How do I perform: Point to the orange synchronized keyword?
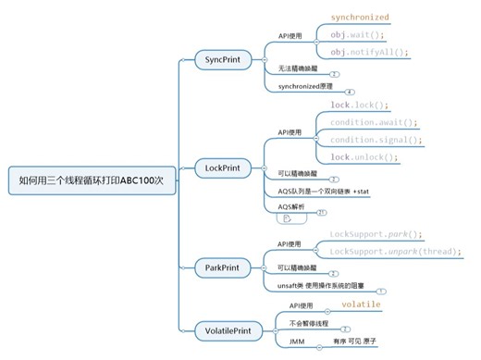click(360, 17)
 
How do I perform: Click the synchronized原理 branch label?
click(310, 87)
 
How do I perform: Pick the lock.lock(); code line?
click(357, 105)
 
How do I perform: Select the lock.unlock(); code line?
click(364, 157)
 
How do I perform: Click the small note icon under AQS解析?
click(287, 220)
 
